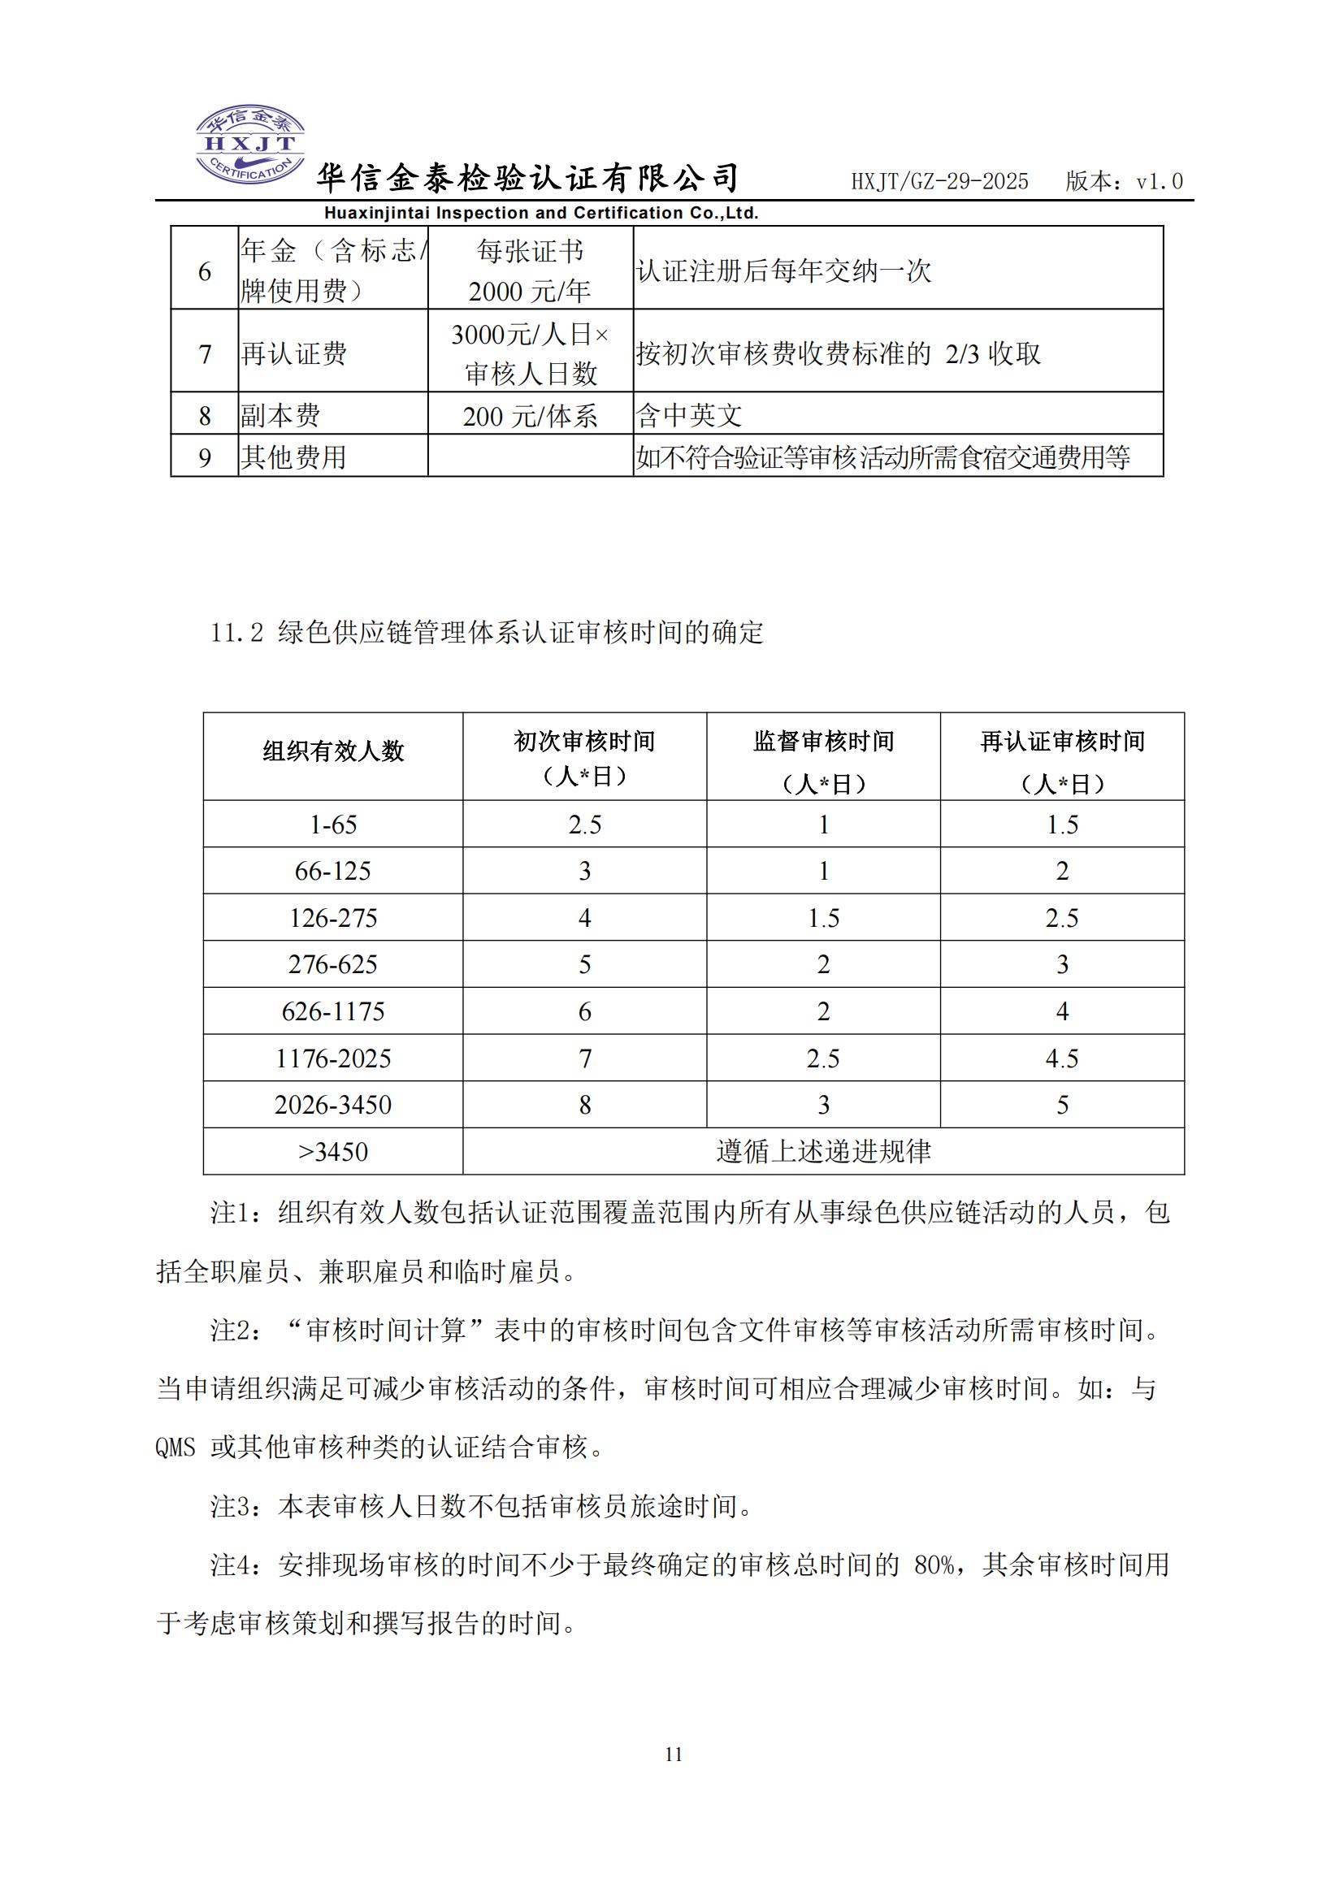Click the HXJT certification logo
(249, 145)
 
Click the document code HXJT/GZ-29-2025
(939, 182)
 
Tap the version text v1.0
(1160, 182)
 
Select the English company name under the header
(541, 214)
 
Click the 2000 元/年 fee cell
(530, 292)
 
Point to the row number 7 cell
(205, 354)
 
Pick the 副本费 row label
(280, 415)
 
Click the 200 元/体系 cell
(530, 416)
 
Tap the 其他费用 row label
(293, 457)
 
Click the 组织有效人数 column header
(332, 751)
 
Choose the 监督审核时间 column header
(822, 742)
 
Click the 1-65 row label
(332, 824)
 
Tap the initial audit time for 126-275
(584, 918)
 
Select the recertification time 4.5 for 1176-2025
(1062, 1058)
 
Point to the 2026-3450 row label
(332, 1105)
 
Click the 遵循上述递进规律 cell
(822, 1151)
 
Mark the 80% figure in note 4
(934, 1565)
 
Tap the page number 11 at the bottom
(673, 1754)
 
